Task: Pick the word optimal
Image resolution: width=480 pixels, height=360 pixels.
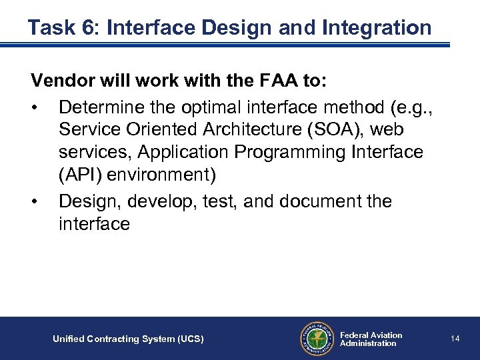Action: click(x=221, y=106)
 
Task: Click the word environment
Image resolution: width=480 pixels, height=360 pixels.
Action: click(x=161, y=175)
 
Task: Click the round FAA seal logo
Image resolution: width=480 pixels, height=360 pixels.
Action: click(x=315, y=339)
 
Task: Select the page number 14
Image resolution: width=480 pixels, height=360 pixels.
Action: click(x=455, y=339)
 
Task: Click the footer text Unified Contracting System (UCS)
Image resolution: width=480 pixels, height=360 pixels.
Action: click(x=128, y=339)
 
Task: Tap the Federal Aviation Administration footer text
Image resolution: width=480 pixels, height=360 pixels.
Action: click(x=371, y=339)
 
